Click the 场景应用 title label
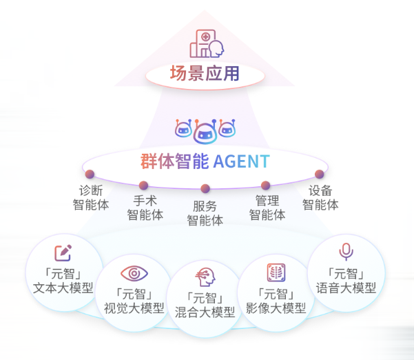[206, 73]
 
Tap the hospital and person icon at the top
[207, 43]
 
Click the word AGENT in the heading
[241, 162]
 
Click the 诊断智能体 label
[91, 197]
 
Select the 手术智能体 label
[145, 208]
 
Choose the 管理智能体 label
[267, 208]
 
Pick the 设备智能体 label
[320, 197]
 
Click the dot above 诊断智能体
[90, 174]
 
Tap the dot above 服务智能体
[205, 188]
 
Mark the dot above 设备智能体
[320, 174]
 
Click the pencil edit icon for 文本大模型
[63, 253]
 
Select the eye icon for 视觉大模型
[134, 273]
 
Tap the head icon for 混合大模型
[205, 277]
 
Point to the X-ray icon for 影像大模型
[276, 272]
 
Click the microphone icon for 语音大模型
[346, 252]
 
